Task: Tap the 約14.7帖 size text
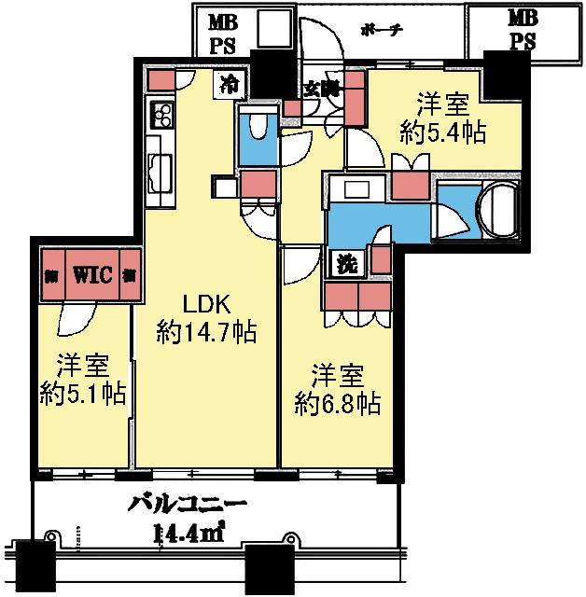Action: click(207, 331)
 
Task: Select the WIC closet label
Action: click(93, 274)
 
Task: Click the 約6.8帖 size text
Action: click(337, 403)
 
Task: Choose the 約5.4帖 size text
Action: click(442, 132)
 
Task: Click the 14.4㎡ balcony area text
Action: click(187, 535)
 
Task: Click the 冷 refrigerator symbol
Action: click(227, 85)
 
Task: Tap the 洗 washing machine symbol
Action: click(347, 263)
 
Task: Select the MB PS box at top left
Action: click(223, 31)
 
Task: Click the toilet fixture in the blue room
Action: click(258, 128)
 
